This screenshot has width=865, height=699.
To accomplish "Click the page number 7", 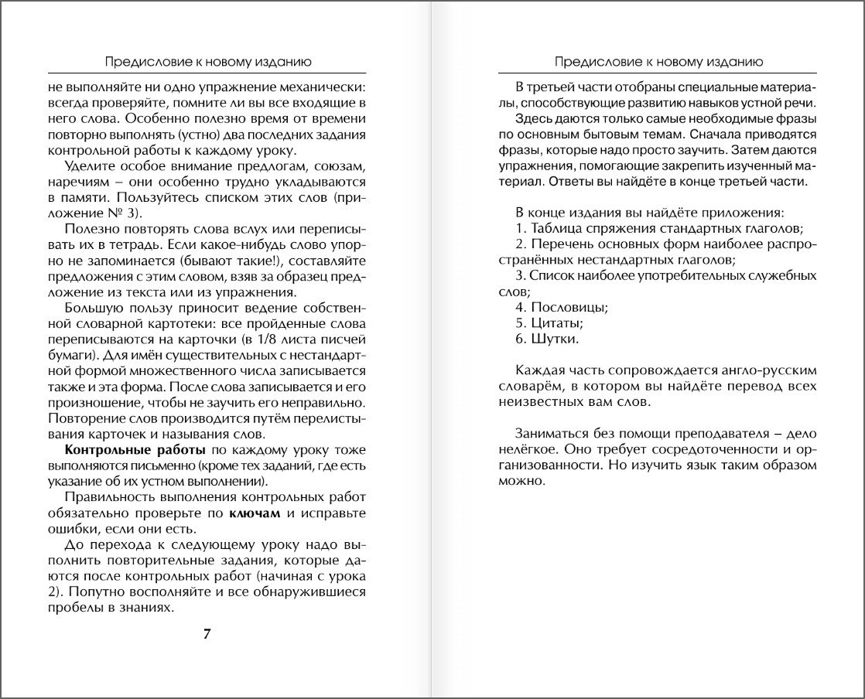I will coord(207,634).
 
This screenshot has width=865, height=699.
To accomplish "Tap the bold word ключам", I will coord(255,513).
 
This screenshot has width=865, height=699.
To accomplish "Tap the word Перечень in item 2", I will coord(561,244).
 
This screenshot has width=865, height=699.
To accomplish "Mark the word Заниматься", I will coord(549,433).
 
